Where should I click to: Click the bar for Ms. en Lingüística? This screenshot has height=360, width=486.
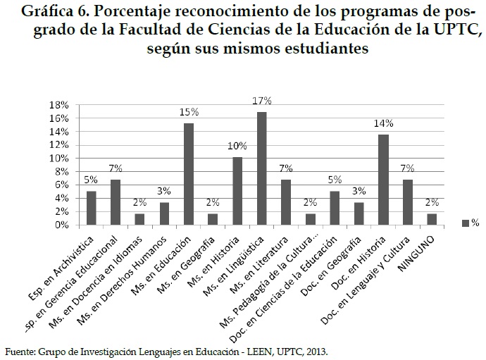pyautogui.click(x=261, y=168)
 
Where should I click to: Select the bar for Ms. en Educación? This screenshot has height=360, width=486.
pyautogui.click(x=189, y=174)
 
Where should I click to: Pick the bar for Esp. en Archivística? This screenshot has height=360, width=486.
pyautogui.click(x=91, y=208)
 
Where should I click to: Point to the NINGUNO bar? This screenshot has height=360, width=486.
pyautogui.click(x=432, y=219)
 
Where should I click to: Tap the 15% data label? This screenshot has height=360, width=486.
pyautogui.click(x=189, y=113)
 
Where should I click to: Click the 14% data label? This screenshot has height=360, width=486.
pyautogui.click(x=383, y=123)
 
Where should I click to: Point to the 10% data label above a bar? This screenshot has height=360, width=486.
pyautogui.click(x=237, y=146)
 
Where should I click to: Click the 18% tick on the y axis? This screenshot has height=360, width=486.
pyautogui.click(x=58, y=105)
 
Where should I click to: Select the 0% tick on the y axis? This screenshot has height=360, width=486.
pyautogui.click(x=61, y=225)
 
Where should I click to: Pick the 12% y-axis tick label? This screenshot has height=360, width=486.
pyautogui.click(x=58, y=145)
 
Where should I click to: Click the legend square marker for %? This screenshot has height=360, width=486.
pyautogui.click(x=464, y=223)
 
